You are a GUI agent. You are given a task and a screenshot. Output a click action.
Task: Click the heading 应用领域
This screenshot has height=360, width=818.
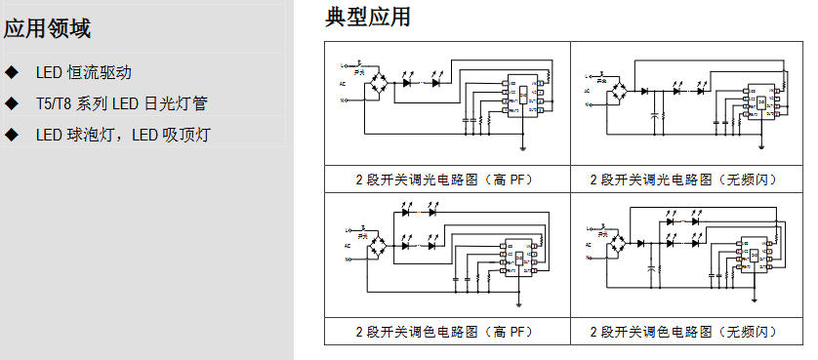click(48, 28)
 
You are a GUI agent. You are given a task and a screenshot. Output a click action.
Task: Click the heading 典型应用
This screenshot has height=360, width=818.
click(368, 17)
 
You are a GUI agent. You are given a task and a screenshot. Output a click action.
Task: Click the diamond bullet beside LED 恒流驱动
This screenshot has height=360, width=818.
click(12, 72)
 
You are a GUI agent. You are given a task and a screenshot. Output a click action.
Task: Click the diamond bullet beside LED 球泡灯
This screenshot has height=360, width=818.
click(12, 134)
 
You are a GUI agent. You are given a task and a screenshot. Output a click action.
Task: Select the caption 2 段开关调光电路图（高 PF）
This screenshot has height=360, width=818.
click(448, 180)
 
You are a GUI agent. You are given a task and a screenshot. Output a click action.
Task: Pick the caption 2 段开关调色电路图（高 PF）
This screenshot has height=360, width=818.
click(448, 332)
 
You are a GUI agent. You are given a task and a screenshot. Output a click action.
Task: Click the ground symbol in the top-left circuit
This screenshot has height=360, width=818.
click(524, 148)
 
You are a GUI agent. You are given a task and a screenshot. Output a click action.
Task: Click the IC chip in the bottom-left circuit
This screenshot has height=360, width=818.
click(518, 256)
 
